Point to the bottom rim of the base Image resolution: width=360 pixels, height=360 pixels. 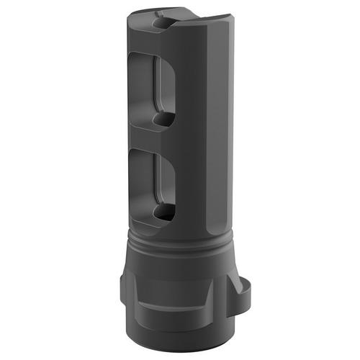[180, 333]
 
